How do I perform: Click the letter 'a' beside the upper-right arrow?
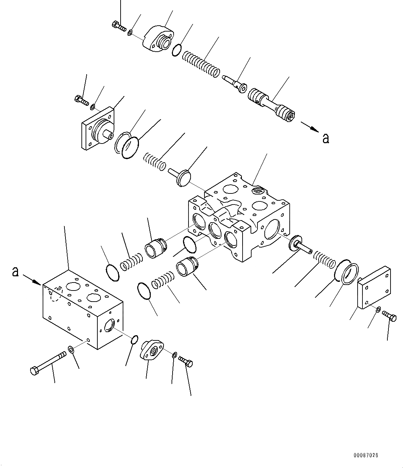coord(325,138)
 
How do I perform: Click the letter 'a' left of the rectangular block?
coord(15,271)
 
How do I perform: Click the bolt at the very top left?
coord(119,26)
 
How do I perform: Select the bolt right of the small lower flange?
coord(186,362)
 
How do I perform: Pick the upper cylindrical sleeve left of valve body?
coord(156,246)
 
